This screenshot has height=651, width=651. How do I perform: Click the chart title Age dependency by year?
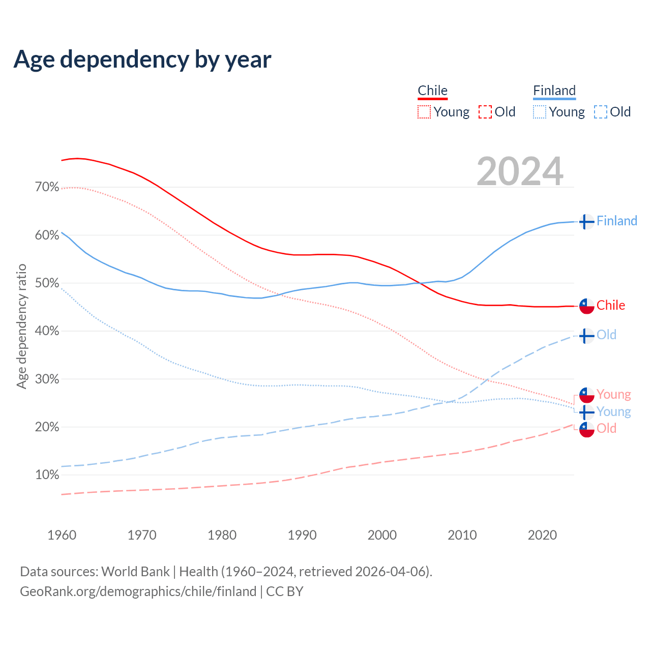click(x=142, y=60)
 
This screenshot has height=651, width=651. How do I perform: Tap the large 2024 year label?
click(x=520, y=171)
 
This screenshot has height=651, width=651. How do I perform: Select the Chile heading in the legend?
click(x=432, y=91)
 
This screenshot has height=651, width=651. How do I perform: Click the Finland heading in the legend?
click(x=554, y=91)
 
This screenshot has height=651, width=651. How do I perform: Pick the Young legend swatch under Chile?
click(x=424, y=112)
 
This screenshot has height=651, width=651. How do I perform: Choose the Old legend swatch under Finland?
click(x=601, y=112)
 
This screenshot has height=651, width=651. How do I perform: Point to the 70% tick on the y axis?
click(x=47, y=187)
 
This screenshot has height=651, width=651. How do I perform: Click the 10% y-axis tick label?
click(x=47, y=475)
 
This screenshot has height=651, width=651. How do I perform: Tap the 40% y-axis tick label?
click(x=47, y=331)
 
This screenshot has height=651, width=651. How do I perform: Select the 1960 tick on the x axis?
click(x=62, y=535)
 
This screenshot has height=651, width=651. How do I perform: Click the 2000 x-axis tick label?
click(x=382, y=535)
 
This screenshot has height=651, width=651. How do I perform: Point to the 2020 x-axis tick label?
click(x=542, y=535)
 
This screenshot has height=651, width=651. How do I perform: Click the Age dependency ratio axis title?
click(x=21, y=326)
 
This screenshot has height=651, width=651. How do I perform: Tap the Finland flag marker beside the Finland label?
click(x=586, y=222)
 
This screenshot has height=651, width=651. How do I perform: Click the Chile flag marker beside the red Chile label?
click(x=586, y=306)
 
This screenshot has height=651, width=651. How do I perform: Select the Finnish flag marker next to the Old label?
click(x=586, y=336)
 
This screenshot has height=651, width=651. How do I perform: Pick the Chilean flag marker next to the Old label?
click(x=586, y=429)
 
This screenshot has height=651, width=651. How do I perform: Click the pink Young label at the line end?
click(x=613, y=394)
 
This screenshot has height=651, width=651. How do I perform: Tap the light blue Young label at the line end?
click(x=613, y=411)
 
